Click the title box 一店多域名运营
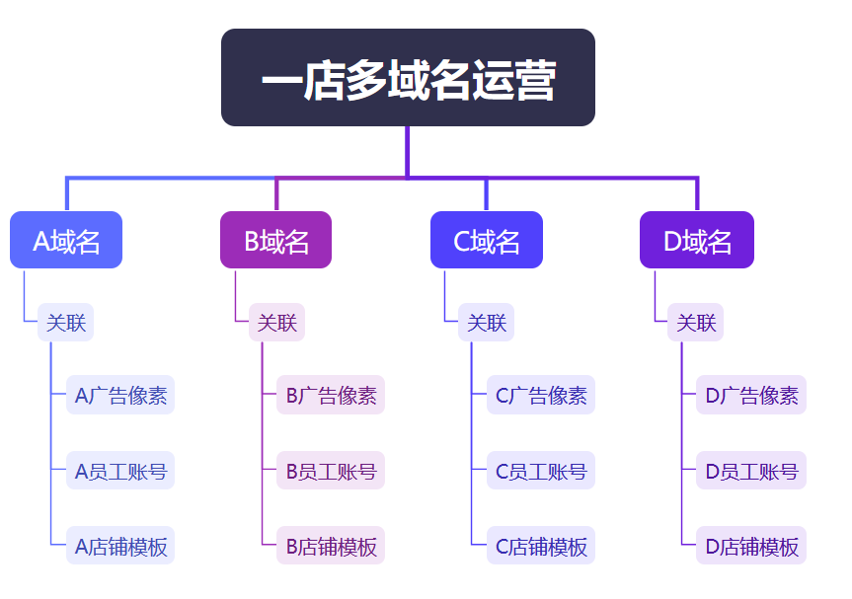click(408, 78)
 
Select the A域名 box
click(66, 240)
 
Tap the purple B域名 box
click(276, 240)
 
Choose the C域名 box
click(487, 240)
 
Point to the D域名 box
click(697, 240)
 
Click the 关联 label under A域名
click(66, 323)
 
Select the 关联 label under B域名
click(276, 323)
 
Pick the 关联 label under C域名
click(487, 323)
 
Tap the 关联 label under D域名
click(695, 323)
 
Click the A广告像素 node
click(120, 395)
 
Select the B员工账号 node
click(331, 471)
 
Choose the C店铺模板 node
click(541, 546)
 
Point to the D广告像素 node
click(751, 395)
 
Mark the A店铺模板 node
click(120, 546)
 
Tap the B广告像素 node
click(331, 395)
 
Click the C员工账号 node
click(541, 471)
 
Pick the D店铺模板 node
click(751, 546)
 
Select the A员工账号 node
click(120, 471)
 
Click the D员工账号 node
click(751, 471)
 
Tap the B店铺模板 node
click(331, 546)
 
